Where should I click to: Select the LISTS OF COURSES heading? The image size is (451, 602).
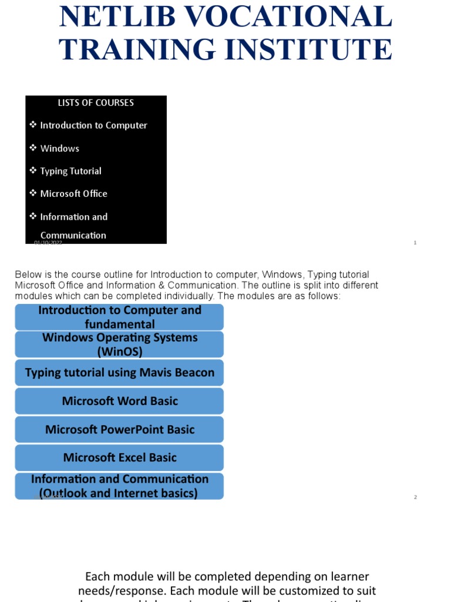pos(96,103)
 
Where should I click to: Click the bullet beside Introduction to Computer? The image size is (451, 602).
pos(33,125)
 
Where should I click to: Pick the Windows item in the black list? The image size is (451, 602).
pos(59,149)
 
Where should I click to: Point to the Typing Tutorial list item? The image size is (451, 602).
pos(70,171)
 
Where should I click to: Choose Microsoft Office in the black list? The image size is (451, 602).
pos(73,193)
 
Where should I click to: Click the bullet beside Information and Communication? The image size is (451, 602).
pos(33,216)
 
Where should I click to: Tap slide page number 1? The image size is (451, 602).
pos(415,243)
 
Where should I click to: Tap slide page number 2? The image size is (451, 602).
pos(415,497)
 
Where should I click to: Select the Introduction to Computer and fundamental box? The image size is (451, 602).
pos(119,317)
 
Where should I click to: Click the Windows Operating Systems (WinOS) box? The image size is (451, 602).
pos(119,345)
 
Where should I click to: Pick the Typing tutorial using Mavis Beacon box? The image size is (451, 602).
pos(119,373)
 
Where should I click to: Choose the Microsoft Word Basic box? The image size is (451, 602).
pos(119,401)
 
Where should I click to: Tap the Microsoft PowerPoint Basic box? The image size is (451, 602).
pos(119,429)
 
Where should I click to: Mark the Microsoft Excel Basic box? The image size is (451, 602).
pos(119,457)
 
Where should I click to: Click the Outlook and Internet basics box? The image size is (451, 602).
pos(119,486)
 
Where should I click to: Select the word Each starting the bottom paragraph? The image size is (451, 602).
pos(97,576)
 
